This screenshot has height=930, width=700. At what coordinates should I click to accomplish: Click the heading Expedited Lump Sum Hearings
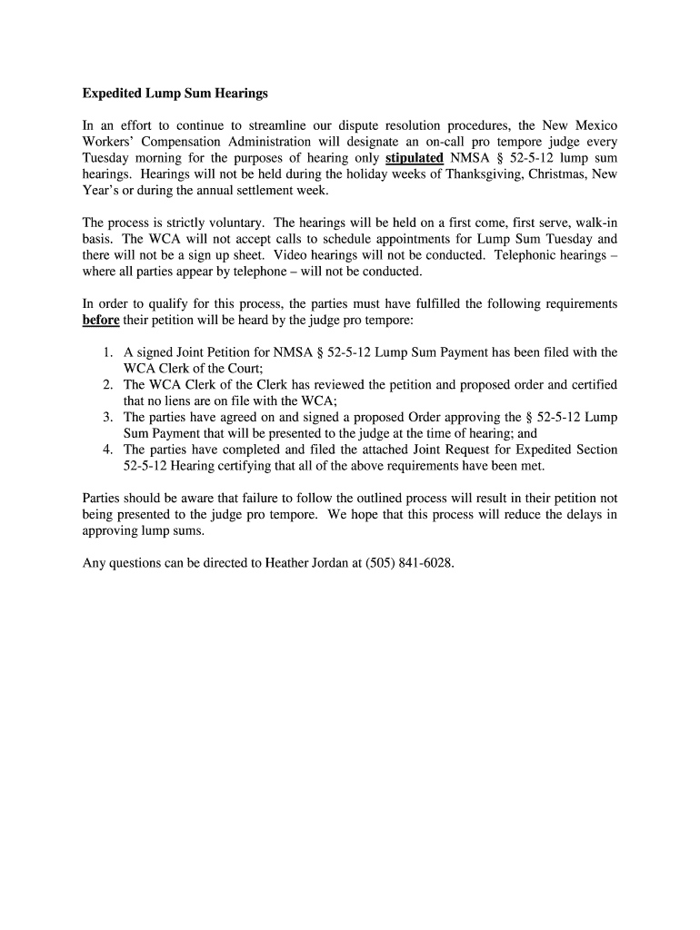pyautogui.click(x=175, y=93)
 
